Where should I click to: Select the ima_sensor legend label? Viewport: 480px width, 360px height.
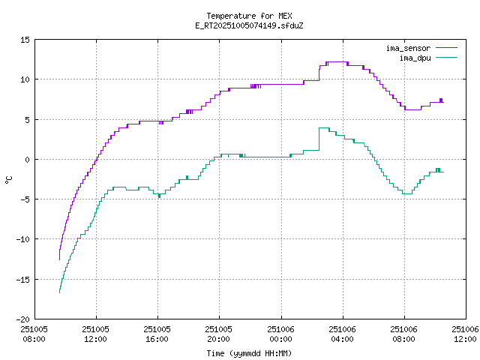point(408,48)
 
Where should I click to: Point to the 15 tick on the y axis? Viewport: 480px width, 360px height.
point(25,40)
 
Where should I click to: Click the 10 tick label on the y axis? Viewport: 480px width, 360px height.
point(25,79)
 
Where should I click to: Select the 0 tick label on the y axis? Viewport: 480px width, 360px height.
point(28,159)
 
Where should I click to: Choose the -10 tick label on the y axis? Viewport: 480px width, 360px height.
point(23,239)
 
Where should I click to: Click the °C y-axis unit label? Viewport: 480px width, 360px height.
point(9,179)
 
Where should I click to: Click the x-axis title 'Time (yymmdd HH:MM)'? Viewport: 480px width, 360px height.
point(250,353)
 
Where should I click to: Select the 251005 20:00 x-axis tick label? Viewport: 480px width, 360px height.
point(219,334)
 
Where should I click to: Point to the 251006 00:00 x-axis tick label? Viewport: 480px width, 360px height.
point(280,334)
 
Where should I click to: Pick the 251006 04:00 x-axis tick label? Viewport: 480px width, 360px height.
point(342,334)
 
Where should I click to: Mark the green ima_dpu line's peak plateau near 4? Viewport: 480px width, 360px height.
point(324,128)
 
